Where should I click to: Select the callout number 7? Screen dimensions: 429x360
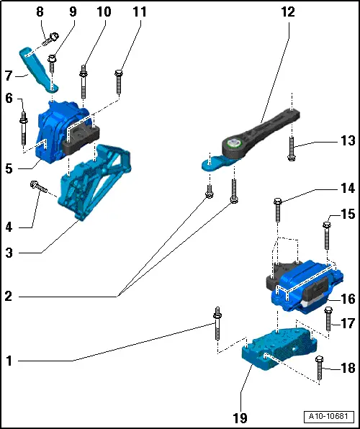coord(9,75)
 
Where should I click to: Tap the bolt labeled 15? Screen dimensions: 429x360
coord(327,235)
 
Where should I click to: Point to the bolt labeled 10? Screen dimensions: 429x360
coord(85,80)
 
